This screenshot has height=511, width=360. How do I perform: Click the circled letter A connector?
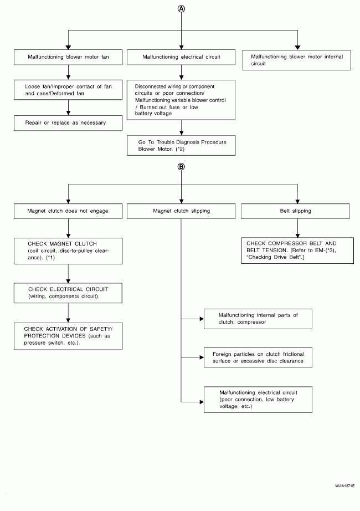181,9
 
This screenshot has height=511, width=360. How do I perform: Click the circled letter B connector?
181,166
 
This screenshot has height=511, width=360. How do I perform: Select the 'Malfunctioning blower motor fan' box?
68,57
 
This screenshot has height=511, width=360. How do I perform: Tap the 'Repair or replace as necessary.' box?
68,123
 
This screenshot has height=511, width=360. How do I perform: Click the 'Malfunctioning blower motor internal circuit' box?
296,60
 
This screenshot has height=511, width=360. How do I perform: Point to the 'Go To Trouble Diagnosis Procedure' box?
181,145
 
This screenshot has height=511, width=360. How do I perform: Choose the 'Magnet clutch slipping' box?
181,211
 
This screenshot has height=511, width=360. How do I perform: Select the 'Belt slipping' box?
295,211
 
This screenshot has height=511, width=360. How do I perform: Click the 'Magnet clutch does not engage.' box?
68,211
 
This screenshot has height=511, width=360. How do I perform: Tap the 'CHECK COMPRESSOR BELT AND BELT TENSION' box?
297,251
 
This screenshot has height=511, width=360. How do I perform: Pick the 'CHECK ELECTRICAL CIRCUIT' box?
68,293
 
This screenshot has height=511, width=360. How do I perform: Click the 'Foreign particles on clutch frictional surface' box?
258,357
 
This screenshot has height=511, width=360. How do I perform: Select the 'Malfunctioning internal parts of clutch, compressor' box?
258,319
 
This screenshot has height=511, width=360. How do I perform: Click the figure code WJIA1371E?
344,486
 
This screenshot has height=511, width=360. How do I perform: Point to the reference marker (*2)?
179,149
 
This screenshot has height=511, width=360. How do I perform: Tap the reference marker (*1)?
50,258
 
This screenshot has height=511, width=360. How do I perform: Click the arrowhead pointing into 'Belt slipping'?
297,201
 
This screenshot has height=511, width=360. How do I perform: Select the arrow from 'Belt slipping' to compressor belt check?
297,228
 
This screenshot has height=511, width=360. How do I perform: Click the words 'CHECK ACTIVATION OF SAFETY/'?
68,329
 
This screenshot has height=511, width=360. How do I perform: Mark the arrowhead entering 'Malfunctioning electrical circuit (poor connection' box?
202,402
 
